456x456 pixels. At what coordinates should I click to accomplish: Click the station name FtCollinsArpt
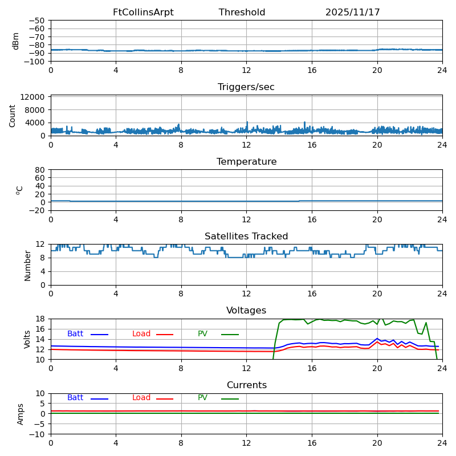coord(143,13)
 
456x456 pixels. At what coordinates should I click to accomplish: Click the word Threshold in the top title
coord(242,13)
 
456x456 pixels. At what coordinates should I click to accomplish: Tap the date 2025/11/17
coord(352,13)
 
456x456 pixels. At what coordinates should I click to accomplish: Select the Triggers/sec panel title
coord(246,87)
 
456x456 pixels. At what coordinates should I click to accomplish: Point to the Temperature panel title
coord(246,162)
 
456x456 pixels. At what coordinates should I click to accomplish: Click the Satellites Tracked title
coord(246,237)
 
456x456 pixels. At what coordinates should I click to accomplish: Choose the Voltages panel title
coord(246,311)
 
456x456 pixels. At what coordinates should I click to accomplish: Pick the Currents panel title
coord(246,385)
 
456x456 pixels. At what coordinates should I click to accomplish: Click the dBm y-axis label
coord(16,40)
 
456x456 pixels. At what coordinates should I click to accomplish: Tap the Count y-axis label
coord(13,115)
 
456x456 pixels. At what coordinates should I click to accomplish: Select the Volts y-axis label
coord(27,339)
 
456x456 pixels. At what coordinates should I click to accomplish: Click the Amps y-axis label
coord(21,414)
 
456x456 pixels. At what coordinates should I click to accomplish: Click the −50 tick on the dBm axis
coord(37,21)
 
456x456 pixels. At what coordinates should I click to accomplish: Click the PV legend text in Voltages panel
coord(203,334)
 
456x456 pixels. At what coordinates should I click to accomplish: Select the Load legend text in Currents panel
coord(141,398)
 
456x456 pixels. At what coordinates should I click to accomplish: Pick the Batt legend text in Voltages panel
coord(75,334)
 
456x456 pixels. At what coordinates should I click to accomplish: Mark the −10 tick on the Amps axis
coord(37,434)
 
